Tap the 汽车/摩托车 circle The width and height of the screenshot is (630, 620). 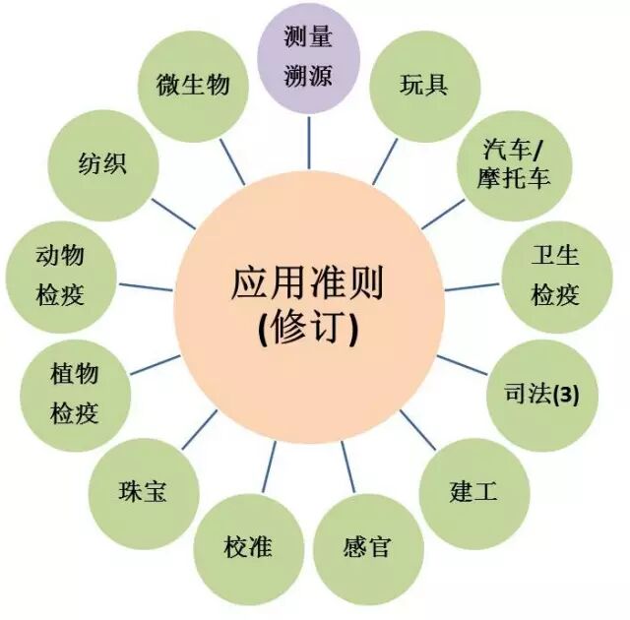pos(511,163)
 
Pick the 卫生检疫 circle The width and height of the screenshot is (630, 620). pos(554,276)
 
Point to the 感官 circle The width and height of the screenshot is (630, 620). pos(366,546)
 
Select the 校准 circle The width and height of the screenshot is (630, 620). pos(247,546)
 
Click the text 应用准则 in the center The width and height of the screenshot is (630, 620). pos(308,284)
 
